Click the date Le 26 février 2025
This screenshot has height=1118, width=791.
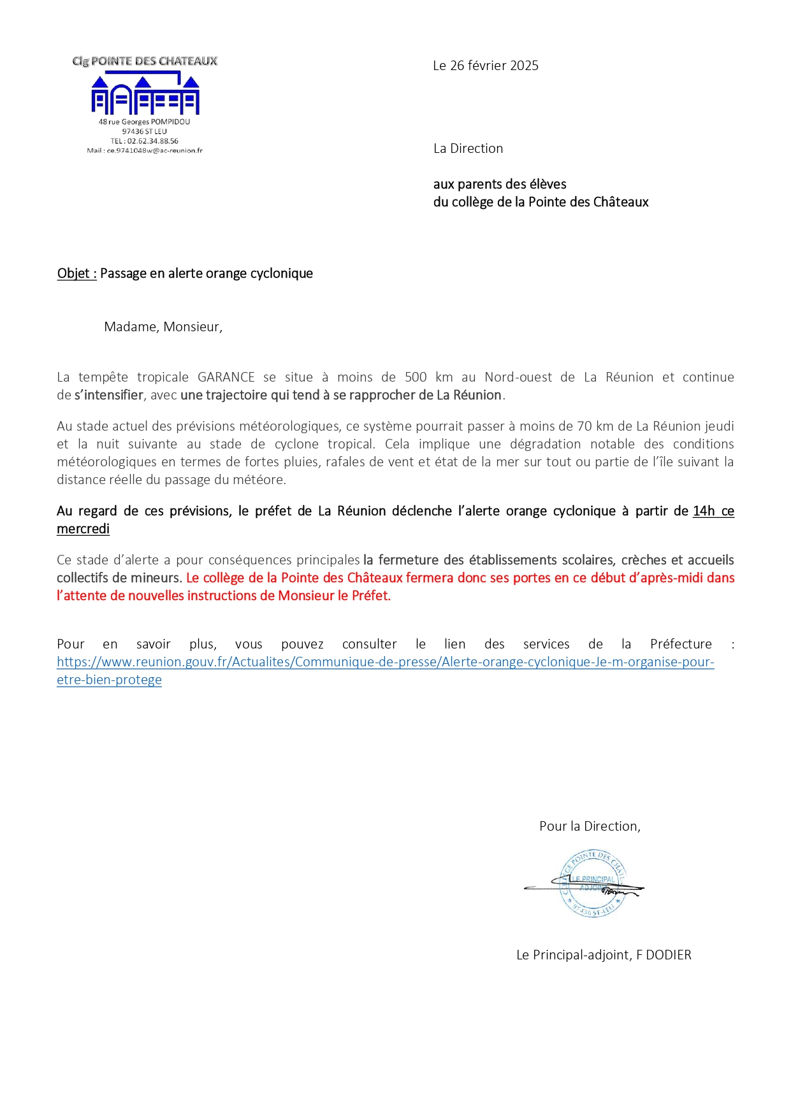tap(485, 66)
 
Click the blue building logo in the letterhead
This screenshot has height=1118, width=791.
tap(145, 94)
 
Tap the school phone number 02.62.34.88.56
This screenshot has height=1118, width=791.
tap(152, 141)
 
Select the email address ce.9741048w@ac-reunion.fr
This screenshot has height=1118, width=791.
tap(154, 151)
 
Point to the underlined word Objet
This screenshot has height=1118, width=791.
tap(73, 273)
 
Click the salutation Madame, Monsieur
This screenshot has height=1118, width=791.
tap(163, 327)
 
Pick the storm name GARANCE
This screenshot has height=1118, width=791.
tap(226, 377)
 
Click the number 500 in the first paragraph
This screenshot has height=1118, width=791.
tap(416, 377)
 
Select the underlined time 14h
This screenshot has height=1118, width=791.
tap(704, 511)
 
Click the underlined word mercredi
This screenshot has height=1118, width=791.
tap(83, 529)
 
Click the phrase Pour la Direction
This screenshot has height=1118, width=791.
tap(590, 826)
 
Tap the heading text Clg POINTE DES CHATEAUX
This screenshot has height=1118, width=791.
tap(145, 61)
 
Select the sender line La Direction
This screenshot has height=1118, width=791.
tap(468, 148)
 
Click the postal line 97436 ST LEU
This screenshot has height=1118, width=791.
tap(145, 132)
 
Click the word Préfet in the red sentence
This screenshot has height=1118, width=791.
tap(370, 596)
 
